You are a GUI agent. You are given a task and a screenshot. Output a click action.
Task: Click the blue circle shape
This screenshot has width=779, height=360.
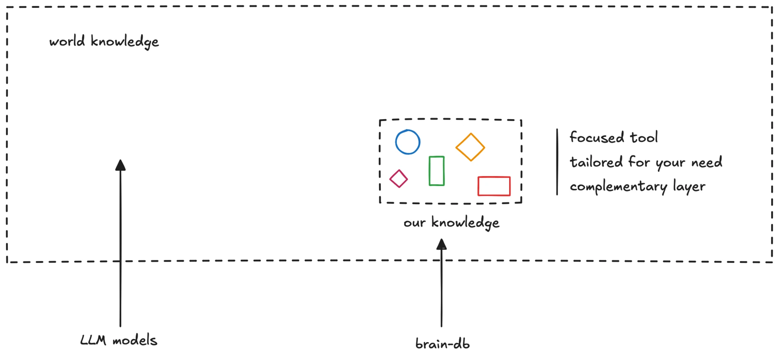(x=396, y=142)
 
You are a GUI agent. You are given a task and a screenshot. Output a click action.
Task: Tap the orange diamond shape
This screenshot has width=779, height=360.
(x=456, y=147)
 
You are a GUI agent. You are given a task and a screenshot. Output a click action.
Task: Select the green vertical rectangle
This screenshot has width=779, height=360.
(x=429, y=171)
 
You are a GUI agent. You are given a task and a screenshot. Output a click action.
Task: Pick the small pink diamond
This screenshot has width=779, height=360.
(x=390, y=179)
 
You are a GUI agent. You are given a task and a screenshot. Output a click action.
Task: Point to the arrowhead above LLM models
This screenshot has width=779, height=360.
(x=120, y=165)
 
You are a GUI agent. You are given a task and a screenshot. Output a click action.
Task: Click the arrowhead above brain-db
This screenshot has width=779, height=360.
(x=441, y=244)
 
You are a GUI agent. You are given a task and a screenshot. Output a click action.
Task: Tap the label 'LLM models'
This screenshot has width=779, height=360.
(x=119, y=340)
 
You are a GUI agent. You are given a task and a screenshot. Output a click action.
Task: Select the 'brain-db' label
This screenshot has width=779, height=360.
(x=443, y=344)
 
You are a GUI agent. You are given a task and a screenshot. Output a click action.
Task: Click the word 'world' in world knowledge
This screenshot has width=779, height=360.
(x=67, y=41)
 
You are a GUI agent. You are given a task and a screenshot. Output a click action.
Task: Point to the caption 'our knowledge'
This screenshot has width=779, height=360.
(x=451, y=223)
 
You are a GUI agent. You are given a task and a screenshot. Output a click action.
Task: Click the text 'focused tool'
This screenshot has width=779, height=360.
(x=614, y=137)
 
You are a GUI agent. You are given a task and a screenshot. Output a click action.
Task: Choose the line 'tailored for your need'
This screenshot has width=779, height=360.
(x=646, y=162)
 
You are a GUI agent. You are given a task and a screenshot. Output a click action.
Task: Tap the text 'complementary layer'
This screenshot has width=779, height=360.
(x=637, y=186)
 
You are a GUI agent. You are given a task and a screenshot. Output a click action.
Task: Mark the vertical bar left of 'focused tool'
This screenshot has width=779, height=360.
(x=557, y=162)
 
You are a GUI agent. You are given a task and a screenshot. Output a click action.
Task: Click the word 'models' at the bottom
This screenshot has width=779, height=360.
(x=135, y=340)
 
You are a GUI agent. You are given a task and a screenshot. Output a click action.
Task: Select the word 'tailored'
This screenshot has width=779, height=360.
(x=596, y=162)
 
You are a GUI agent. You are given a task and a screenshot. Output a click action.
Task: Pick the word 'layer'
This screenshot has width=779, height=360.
(x=689, y=187)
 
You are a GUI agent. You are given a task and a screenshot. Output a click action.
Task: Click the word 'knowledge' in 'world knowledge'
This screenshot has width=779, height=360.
(x=125, y=42)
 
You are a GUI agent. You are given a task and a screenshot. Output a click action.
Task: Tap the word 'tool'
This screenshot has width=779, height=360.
(x=644, y=137)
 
